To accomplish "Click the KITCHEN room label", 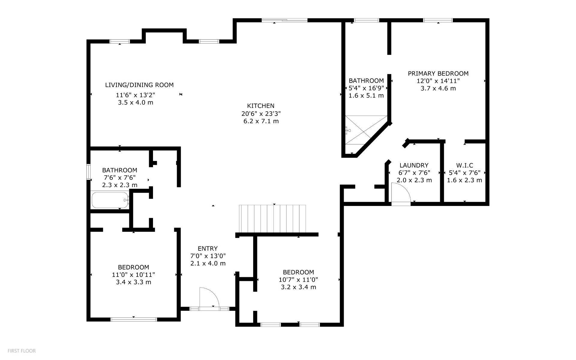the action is (x=260, y=106).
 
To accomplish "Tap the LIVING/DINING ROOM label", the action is (x=139, y=85).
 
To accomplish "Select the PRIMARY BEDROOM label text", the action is (x=438, y=74).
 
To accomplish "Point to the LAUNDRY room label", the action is (x=414, y=165).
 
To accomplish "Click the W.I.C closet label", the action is (x=464, y=165).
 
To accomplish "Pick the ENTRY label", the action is (x=208, y=249).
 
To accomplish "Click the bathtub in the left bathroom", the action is (x=110, y=200).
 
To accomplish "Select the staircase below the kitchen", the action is (x=272, y=219).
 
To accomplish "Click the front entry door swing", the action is (x=209, y=297).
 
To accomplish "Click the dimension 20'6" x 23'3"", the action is (x=261, y=113).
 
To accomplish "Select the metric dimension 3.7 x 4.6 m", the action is (x=438, y=88).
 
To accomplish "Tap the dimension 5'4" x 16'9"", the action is (x=366, y=88).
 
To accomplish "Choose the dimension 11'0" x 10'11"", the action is (x=133, y=275).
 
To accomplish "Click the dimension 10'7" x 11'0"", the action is (x=298, y=280).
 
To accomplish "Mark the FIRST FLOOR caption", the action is (x=22, y=351).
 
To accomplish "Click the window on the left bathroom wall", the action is (x=89, y=172).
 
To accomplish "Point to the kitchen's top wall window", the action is (x=285, y=20).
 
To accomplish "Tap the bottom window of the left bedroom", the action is (x=134, y=319).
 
